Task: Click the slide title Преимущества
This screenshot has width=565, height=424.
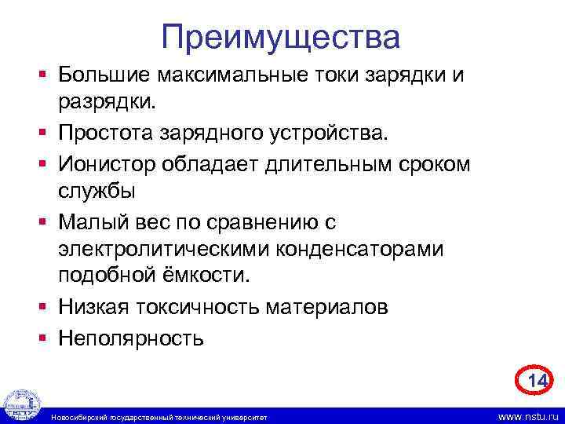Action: pos(281,37)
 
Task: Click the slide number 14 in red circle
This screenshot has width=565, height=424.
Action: pos(536,381)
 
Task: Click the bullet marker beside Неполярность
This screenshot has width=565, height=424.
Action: pos(46,338)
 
